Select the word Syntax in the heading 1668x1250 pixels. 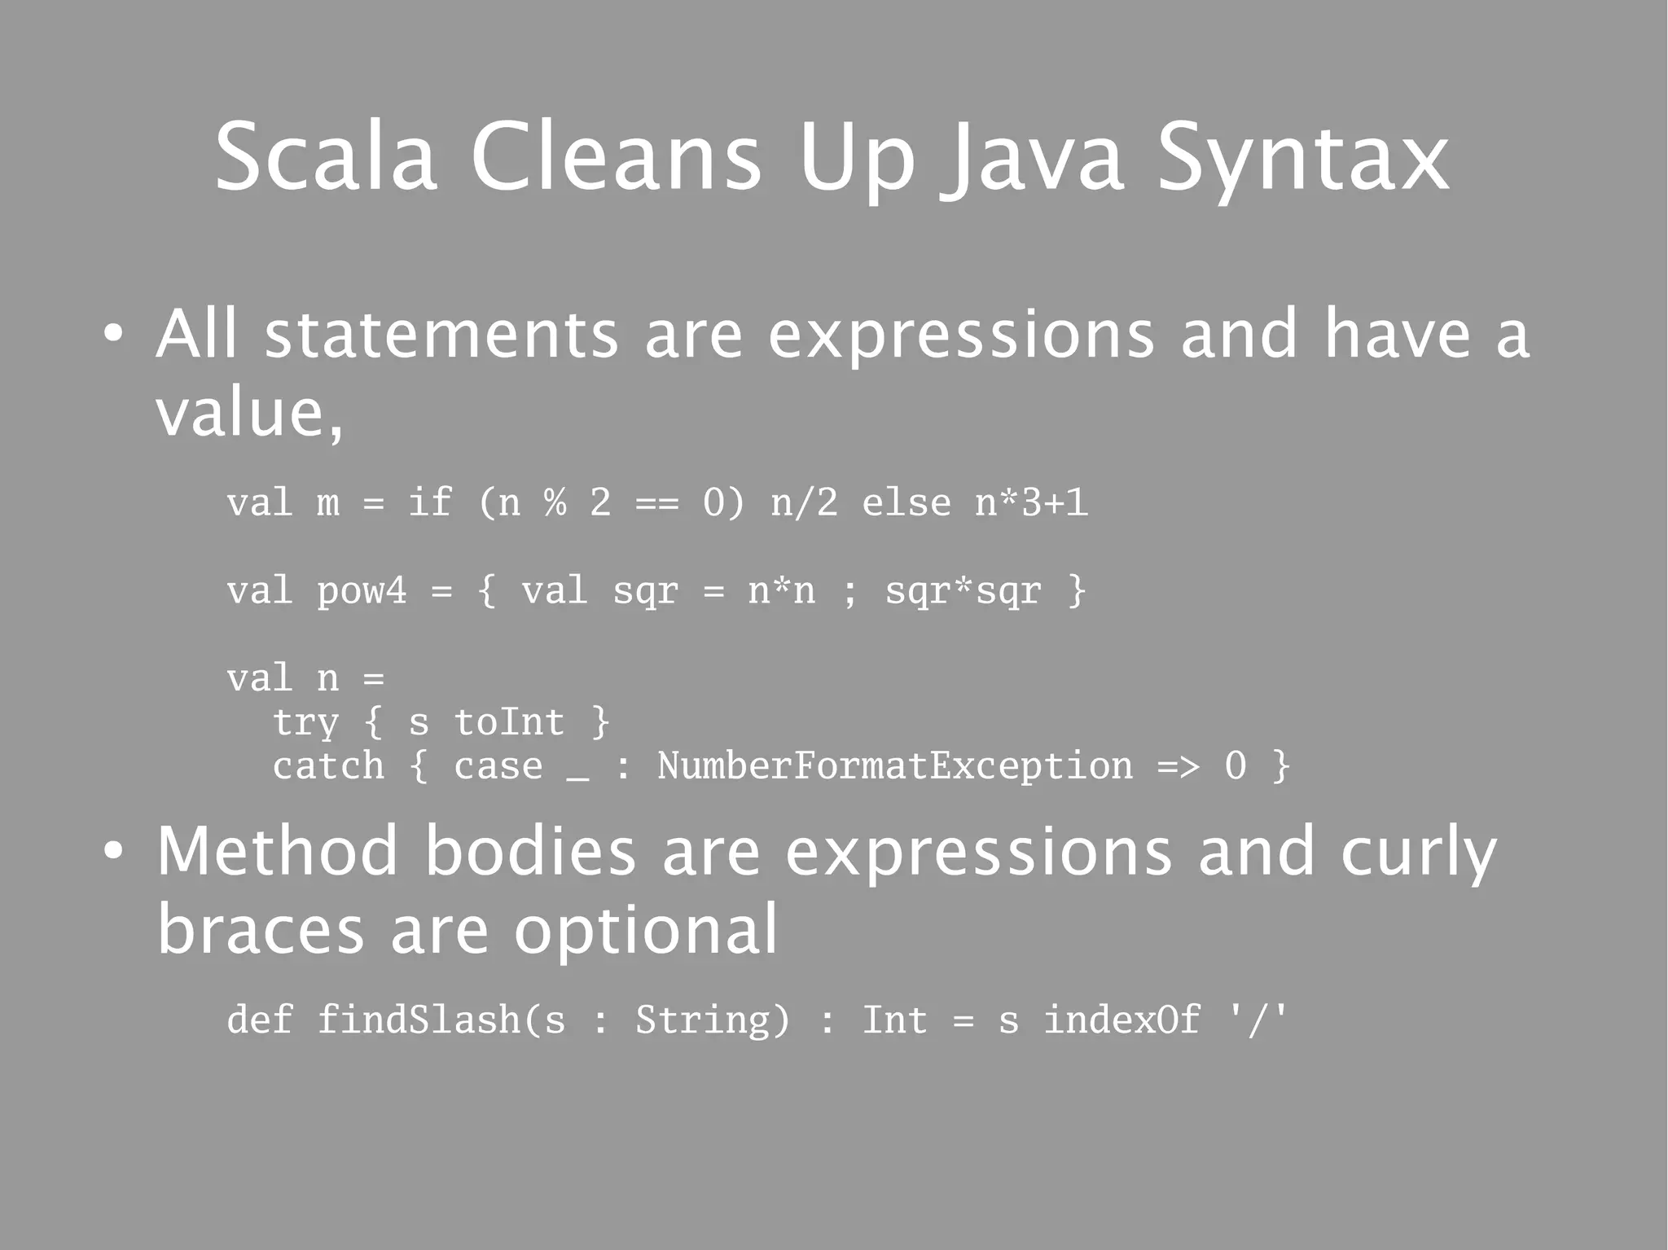click(1302, 159)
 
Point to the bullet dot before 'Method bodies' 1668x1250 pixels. click(113, 851)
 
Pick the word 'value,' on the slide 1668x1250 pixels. click(249, 413)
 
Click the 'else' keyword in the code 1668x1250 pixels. click(906, 502)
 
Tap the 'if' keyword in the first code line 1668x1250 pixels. click(429, 502)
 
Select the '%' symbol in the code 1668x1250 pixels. click(555, 502)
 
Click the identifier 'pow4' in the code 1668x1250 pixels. click(361, 590)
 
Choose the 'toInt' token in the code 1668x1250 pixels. click(508, 722)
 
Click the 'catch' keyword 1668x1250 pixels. click(328, 766)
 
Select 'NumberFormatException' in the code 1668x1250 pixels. click(894, 766)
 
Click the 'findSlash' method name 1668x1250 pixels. click(418, 1020)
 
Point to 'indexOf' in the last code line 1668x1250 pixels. click(1122, 1020)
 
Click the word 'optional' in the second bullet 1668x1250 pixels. click(645, 930)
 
